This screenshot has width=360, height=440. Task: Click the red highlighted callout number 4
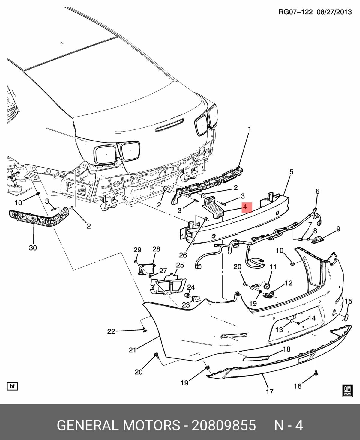coord(245,207)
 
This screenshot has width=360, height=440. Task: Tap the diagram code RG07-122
coord(295,12)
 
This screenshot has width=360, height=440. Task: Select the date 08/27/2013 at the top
coord(334,12)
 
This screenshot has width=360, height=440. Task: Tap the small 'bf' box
coord(12,386)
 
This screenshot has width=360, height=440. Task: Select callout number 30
coord(33,248)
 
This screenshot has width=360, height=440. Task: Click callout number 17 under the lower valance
coord(269,391)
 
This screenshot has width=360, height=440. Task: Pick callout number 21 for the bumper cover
coord(133,349)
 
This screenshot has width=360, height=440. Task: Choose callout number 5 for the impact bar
coord(291,172)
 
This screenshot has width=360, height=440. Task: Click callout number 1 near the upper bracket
coord(249,129)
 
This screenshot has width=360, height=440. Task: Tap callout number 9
coord(338,229)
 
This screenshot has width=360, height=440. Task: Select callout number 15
coord(348,301)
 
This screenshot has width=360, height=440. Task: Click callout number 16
coord(298,386)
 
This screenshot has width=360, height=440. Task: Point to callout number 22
coord(111,331)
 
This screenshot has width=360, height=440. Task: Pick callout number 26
coord(183,255)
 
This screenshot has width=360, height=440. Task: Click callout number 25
coord(180,265)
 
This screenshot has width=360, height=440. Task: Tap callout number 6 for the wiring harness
coord(317,191)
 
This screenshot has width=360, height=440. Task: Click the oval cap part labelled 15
coord(346,317)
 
